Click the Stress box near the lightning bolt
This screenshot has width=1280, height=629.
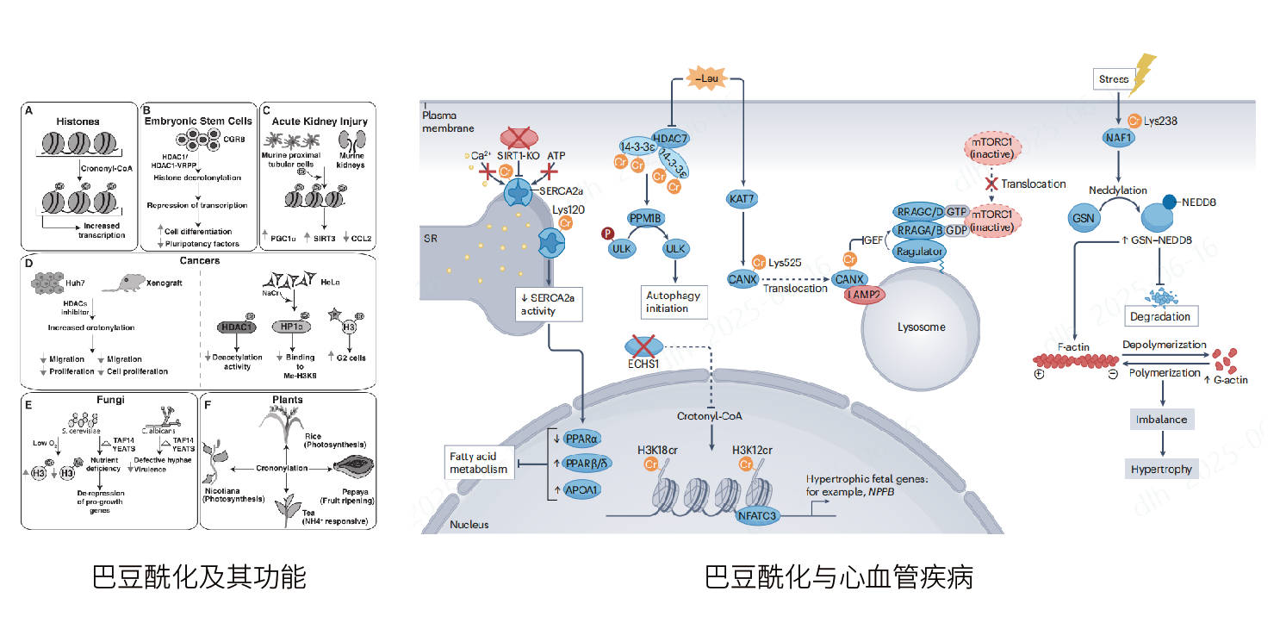[1114, 79]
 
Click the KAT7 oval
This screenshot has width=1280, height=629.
[743, 200]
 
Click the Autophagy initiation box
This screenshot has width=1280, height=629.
[674, 302]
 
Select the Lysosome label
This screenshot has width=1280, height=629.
[921, 327]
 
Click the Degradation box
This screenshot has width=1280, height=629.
[1160, 316]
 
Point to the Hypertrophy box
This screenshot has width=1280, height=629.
[1161, 470]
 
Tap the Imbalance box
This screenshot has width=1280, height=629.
[1161, 420]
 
